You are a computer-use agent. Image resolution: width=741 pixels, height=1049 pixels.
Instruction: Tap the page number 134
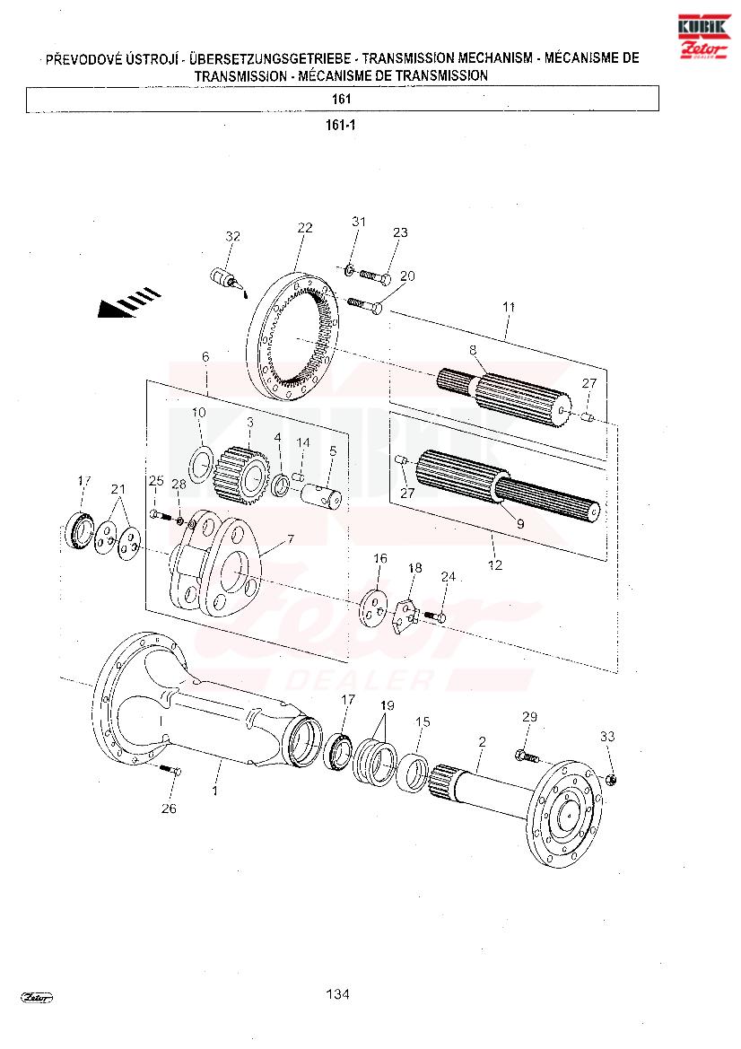tap(337, 994)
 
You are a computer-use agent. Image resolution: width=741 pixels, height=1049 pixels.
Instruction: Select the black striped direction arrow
tap(129, 303)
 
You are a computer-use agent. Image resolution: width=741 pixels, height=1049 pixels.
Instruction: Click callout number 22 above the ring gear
tap(305, 227)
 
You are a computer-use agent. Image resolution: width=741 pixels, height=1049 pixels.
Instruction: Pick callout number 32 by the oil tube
tap(232, 236)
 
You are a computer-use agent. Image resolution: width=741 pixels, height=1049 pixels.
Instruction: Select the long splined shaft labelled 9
tap(509, 485)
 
